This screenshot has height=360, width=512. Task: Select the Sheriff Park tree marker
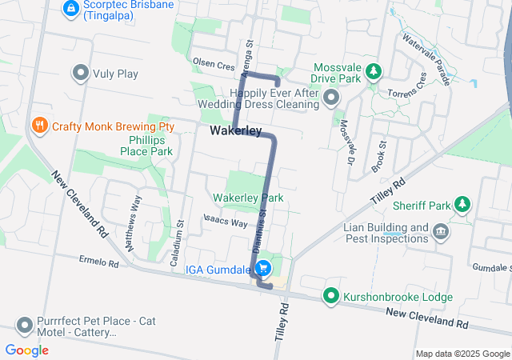pos(462,204)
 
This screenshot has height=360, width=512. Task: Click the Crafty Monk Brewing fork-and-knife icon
pos(38,126)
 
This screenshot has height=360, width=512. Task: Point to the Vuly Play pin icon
pos(80,74)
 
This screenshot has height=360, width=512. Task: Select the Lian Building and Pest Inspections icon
pos(440,232)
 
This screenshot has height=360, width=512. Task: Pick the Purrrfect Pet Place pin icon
pos(24,326)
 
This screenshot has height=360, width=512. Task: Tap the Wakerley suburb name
pos(236,130)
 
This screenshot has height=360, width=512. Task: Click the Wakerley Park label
pos(248,198)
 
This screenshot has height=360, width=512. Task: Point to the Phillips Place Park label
pos(146,145)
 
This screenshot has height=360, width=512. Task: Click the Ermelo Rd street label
pos(99,262)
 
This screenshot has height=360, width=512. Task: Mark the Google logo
pos(27,350)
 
